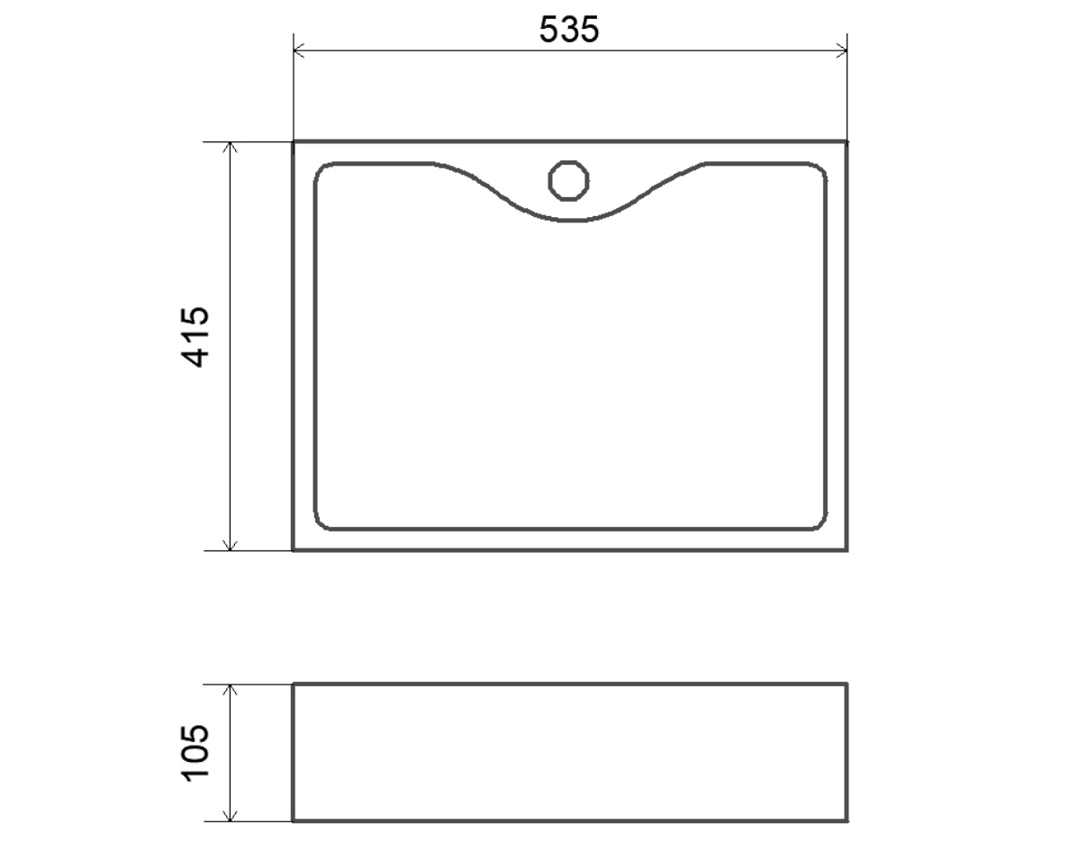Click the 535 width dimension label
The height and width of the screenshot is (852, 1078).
coord(568,30)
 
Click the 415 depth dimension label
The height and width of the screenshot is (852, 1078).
coord(196,337)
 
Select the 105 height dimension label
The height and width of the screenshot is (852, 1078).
coord(196,752)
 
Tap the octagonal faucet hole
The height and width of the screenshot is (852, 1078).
coord(568,181)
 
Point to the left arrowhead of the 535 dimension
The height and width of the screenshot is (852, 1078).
coord(300,50)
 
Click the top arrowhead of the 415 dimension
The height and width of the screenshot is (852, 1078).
coord(231,149)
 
